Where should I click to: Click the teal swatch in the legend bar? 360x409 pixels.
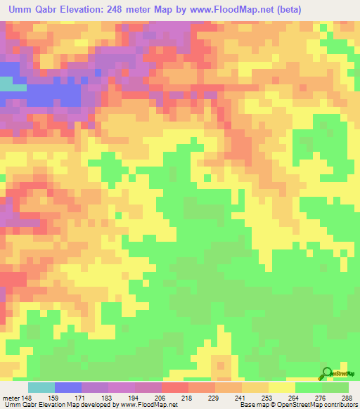41,388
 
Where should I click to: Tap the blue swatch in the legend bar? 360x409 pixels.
68,388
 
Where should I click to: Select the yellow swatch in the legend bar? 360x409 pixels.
281,388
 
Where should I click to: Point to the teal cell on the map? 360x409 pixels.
6,83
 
